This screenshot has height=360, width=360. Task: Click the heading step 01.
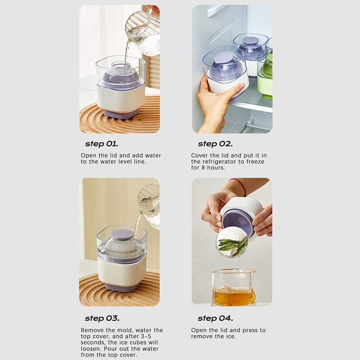click(102, 144)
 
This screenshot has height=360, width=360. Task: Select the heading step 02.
click(215, 144)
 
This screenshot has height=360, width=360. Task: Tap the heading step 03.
click(102, 319)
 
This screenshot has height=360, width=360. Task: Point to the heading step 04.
click(216, 319)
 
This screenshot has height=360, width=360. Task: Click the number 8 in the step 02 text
click(203, 168)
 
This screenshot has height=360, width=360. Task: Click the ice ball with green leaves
click(231, 243)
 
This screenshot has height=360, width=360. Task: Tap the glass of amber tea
click(233, 288)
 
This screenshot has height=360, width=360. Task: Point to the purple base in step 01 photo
click(121, 114)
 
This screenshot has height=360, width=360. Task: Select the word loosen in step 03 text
click(91, 349)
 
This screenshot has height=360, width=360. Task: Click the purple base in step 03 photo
click(122, 287)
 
